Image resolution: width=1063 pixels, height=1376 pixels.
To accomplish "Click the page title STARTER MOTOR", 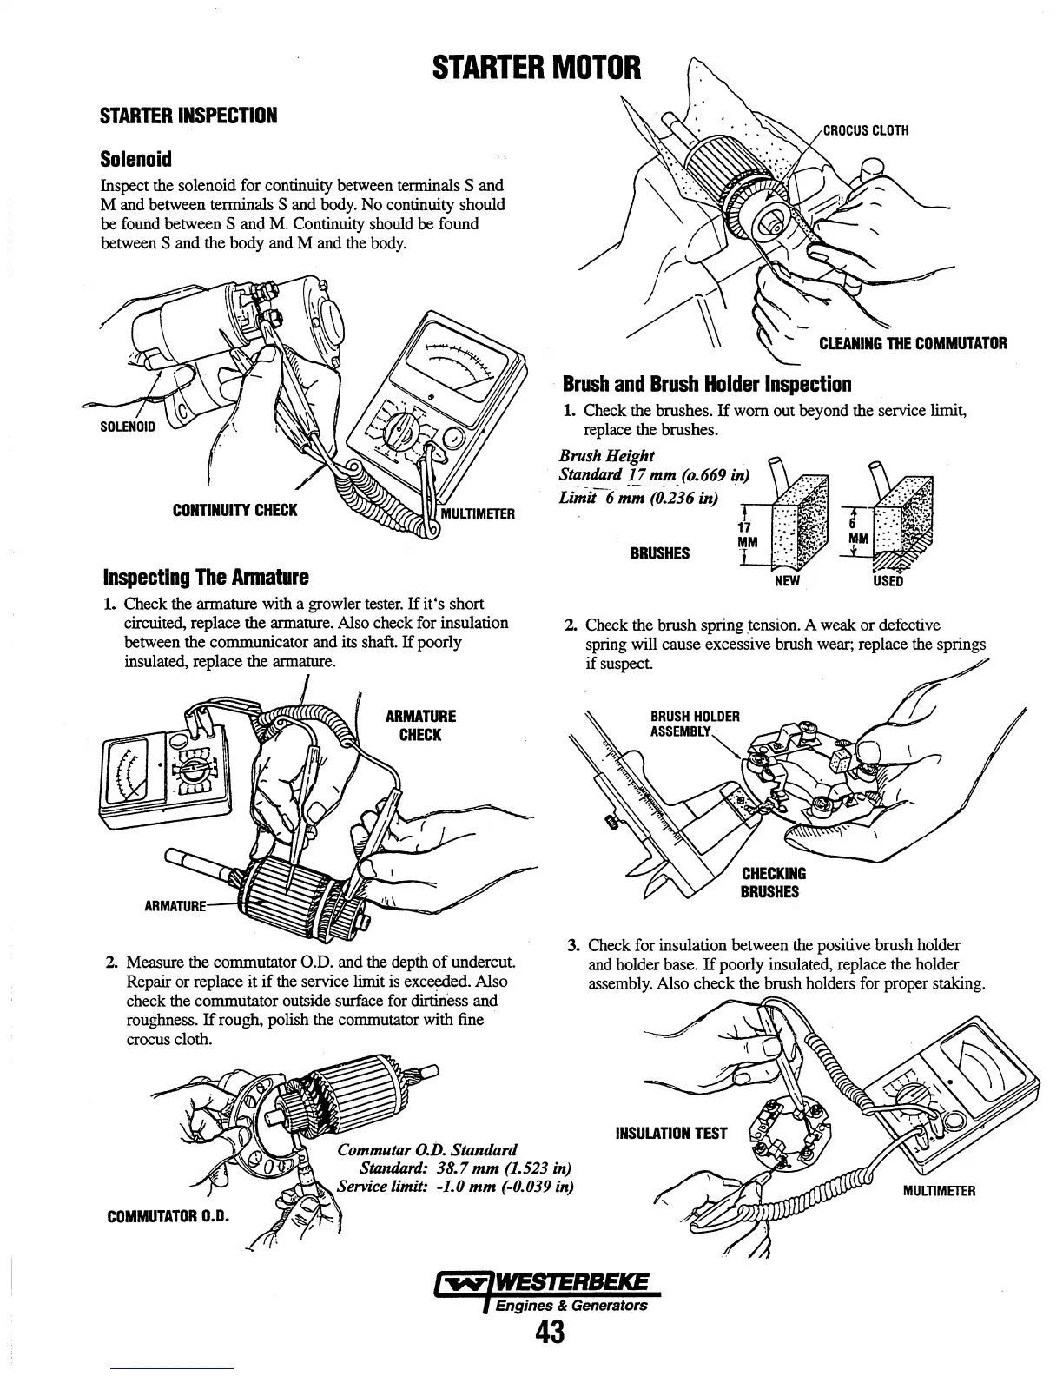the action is pos(537,67).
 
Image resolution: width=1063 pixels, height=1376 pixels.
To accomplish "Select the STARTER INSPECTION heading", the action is pos(188,116).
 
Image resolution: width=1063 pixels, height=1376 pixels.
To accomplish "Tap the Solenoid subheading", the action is pos(136,159).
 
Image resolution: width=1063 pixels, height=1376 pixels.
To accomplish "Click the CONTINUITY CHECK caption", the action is pos(234,510).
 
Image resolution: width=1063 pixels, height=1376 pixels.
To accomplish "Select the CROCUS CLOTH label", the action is pos(866,131).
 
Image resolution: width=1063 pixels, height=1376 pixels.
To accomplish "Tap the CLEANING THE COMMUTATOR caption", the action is pos(913,343).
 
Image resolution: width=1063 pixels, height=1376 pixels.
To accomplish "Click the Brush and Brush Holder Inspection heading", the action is pos(707,384).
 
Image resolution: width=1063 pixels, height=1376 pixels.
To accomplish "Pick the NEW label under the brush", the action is pos(786,580).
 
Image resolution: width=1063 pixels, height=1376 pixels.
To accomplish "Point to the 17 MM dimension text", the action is pos(743,534).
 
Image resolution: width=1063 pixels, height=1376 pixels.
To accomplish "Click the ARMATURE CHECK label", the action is pos(420,725).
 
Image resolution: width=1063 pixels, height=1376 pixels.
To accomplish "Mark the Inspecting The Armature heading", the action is pos(206,577).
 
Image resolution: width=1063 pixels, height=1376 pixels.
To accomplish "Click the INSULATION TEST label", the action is pos(670,1133).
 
